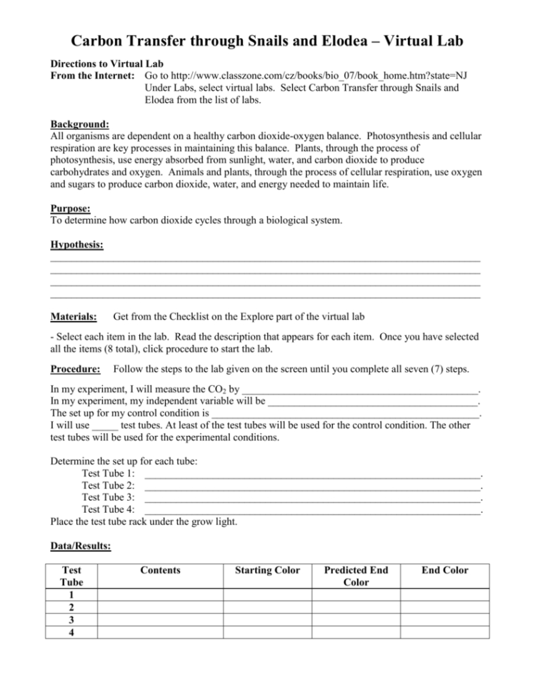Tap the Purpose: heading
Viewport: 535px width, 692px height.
(70, 208)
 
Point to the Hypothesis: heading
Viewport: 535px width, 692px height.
(76, 245)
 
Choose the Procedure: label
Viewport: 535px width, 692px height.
(76, 369)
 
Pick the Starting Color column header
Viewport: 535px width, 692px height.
(267, 570)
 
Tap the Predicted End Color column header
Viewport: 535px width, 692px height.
(356, 576)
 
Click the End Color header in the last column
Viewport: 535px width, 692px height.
(444, 570)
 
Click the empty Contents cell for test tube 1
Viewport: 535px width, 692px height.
(161, 595)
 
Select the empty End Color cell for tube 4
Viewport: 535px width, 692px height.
(444, 632)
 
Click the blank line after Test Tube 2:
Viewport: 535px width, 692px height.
(311, 484)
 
